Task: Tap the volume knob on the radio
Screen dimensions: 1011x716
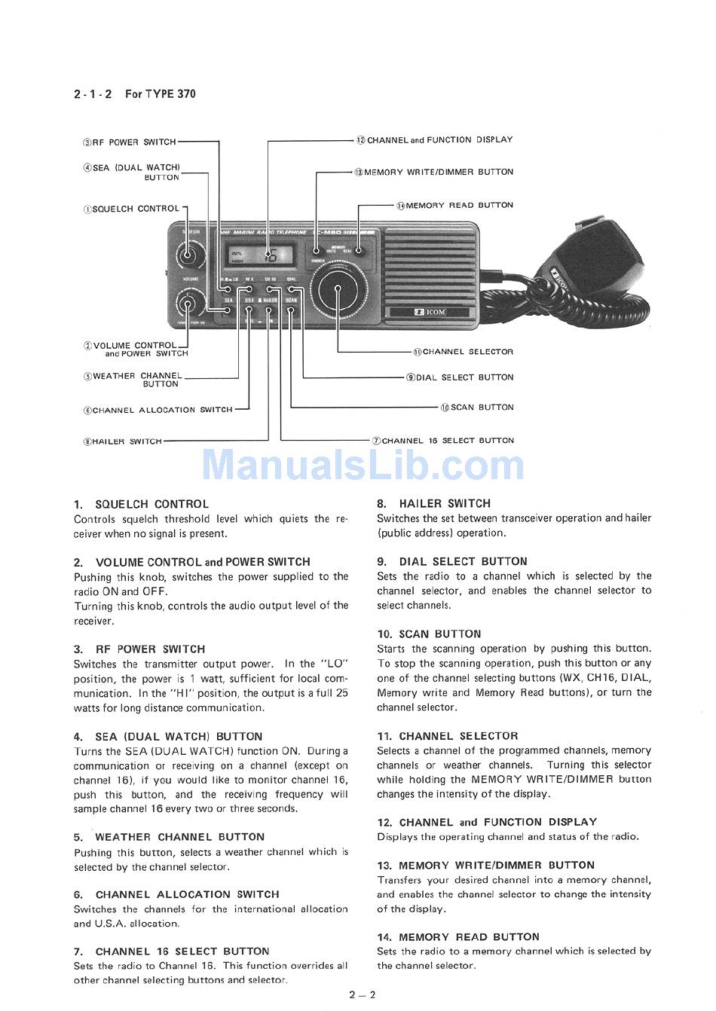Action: (187, 304)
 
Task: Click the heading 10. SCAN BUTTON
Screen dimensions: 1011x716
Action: (429, 634)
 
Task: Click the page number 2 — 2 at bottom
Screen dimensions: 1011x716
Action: (362, 994)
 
